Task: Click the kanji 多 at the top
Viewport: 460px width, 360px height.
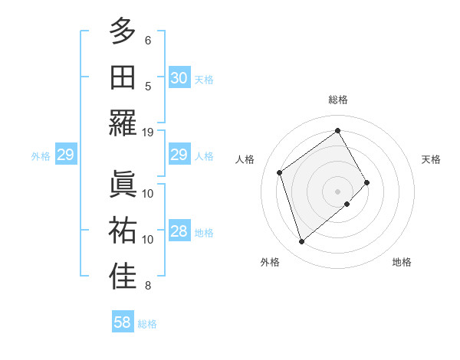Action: coord(123,32)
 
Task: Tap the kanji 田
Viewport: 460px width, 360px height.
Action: coord(123,78)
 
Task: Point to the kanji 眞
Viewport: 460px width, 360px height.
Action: coord(123,184)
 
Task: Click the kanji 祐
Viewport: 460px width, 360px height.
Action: coord(123,231)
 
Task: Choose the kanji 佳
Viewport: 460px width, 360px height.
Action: coord(123,277)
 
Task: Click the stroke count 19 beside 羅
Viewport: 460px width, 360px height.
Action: coord(148,132)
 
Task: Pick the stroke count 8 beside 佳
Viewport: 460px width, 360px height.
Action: coord(148,286)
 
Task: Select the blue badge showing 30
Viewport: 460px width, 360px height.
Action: coord(179,77)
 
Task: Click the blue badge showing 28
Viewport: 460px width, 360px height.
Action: coord(179,232)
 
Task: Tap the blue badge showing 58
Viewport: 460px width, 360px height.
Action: coord(122,322)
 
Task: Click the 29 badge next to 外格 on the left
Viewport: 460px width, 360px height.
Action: coord(65,155)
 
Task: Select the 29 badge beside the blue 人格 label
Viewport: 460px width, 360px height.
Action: coord(179,155)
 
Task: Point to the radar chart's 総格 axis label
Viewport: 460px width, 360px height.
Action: coord(337,100)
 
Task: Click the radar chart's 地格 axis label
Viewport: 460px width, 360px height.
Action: coord(402,262)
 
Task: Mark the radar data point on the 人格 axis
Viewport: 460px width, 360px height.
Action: coord(280,172)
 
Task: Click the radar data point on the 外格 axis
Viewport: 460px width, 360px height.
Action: coord(301,242)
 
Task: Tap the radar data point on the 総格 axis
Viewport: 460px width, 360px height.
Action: coord(337,131)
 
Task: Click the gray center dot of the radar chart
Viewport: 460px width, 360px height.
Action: coord(337,190)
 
